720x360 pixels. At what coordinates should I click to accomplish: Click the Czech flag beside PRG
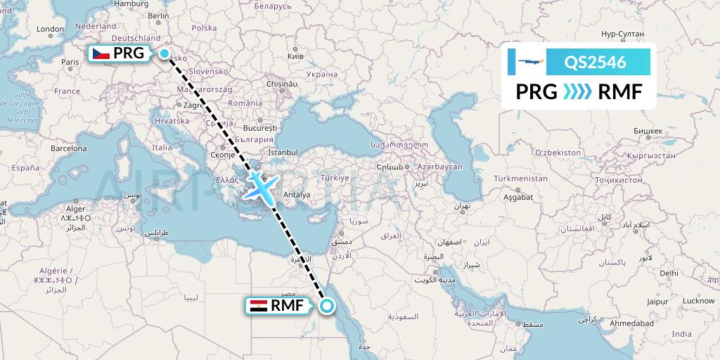101,53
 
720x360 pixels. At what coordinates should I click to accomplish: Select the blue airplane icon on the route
262,187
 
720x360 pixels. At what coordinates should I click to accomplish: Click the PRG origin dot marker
165,53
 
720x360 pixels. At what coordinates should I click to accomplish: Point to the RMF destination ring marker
327,306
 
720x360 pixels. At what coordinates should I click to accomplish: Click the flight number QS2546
596,62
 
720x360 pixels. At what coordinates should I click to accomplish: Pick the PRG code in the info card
536,91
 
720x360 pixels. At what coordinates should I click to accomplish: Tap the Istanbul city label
283,151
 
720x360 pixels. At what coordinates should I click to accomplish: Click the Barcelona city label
67,148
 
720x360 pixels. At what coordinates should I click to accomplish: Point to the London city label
50,30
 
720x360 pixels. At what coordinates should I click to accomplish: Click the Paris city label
70,62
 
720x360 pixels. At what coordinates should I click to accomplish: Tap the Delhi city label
669,272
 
